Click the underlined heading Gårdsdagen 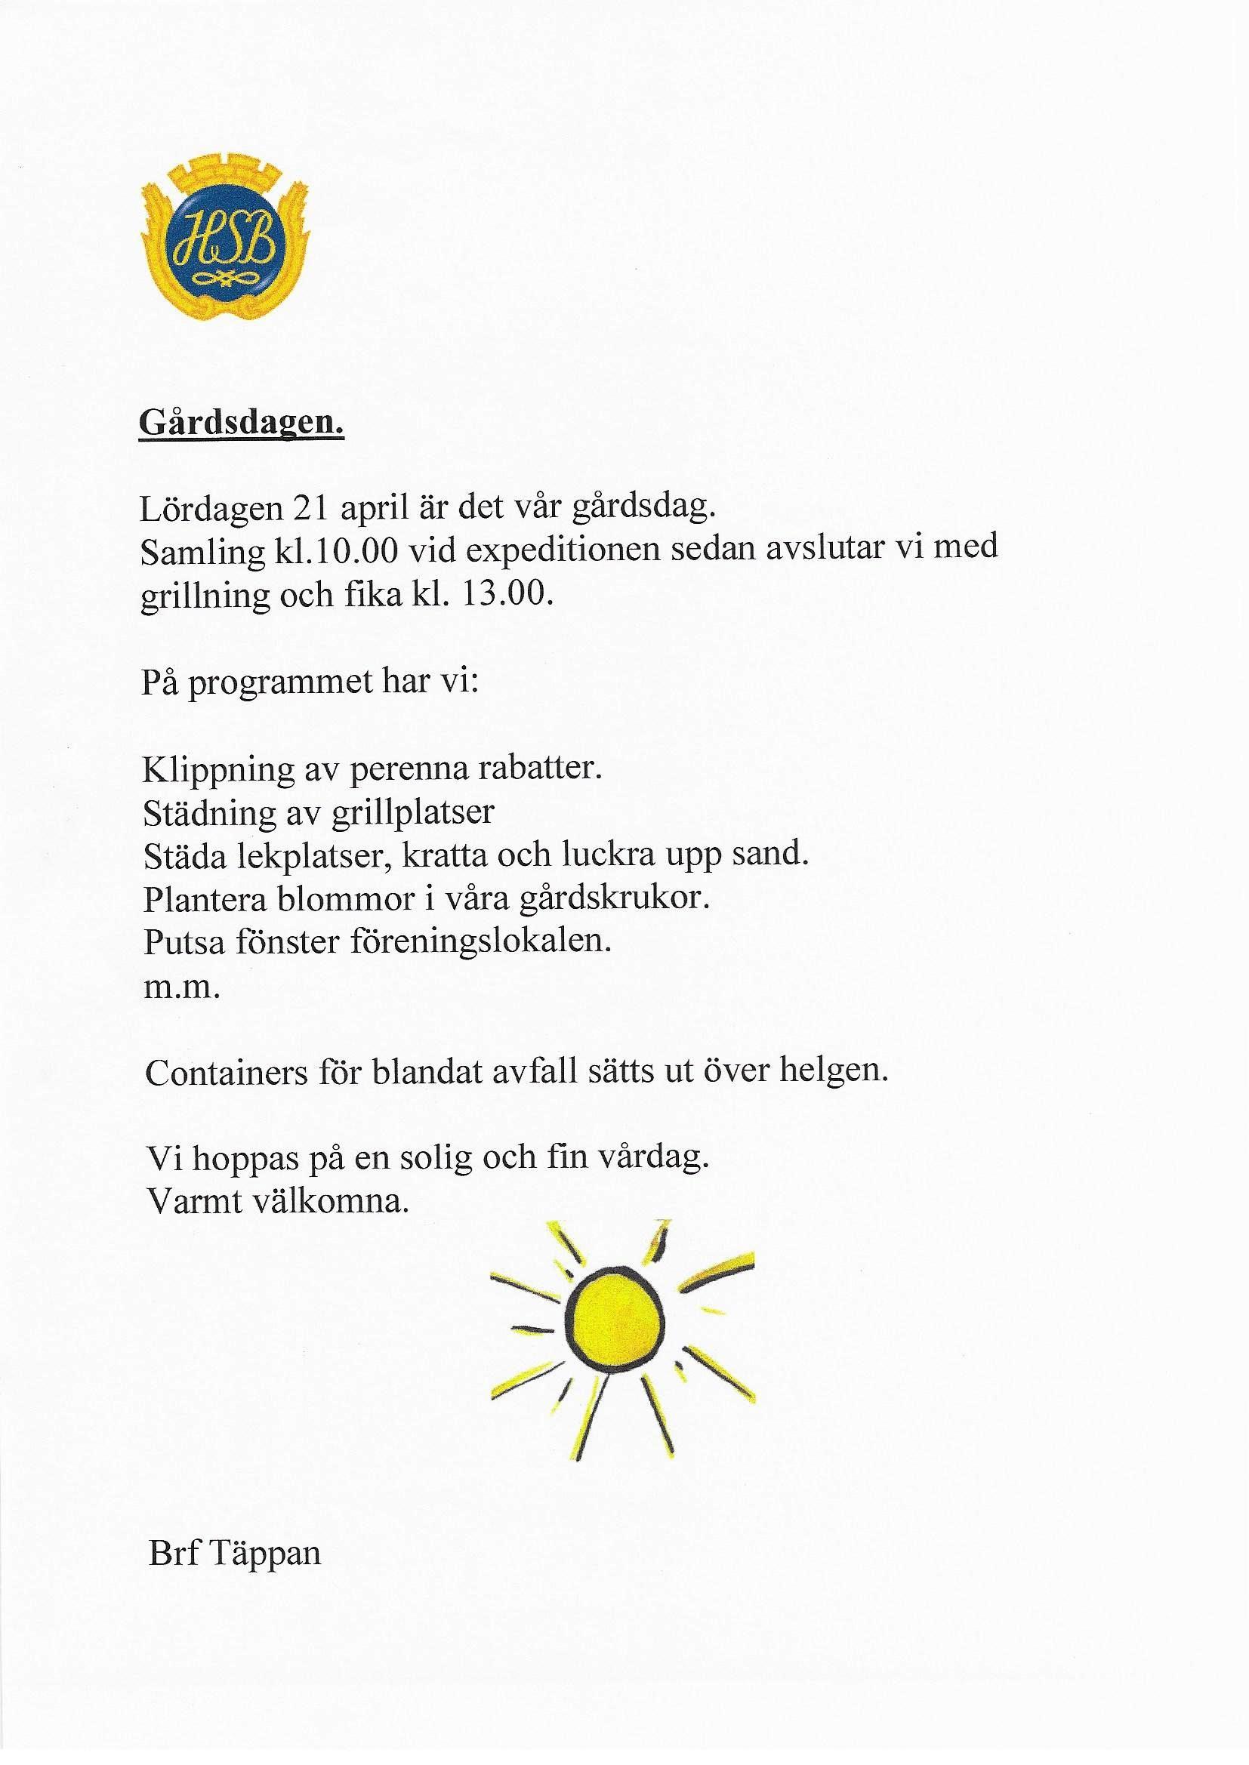coord(241,424)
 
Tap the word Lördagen coord(208,509)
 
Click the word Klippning coord(217,770)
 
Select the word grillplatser coord(413,814)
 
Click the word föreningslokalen coord(481,942)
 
